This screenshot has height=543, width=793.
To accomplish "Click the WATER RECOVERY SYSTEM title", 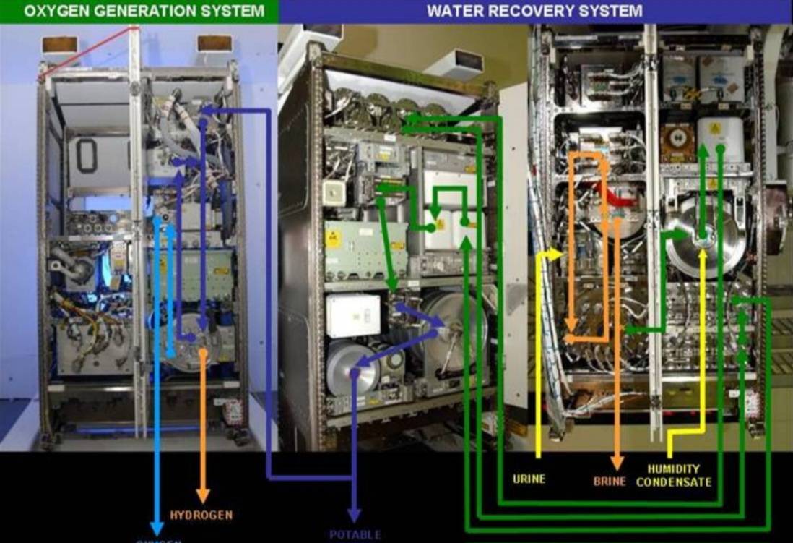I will pyautogui.click(x=534, y=10).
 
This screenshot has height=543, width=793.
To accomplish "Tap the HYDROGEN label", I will pyautogui.click(x=201, y=515).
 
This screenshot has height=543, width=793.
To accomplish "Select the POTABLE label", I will pyautogui.click(x=355, y=535).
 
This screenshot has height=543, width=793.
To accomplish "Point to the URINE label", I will pyautogui.click(x=529, y=479).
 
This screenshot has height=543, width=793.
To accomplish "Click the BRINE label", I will pyautogui.click(x=610, y=481).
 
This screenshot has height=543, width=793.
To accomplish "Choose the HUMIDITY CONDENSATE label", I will pyautogui.click(x=673, y=475).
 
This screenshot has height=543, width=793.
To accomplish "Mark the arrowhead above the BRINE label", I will pyautogui.click(x=617, y=463).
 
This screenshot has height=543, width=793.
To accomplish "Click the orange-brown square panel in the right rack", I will pyautogui.click(x=677, y=142).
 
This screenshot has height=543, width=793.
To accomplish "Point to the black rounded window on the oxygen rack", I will pyautogui.click(x=87, y=155).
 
